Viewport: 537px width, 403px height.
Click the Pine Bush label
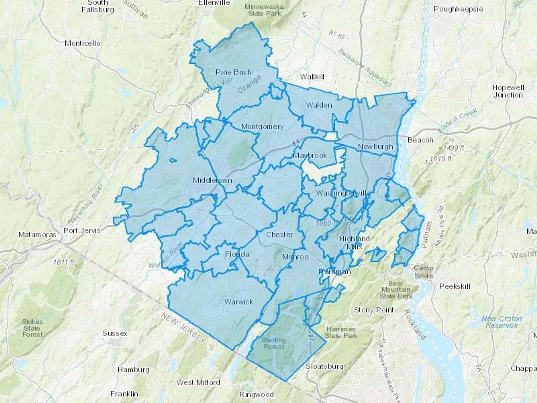point(234,72)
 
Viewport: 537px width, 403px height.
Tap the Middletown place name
point(212,180)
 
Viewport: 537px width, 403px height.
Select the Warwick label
point(239,302)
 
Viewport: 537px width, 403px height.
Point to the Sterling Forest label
point(274,343)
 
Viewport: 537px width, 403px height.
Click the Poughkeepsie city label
point(458,9)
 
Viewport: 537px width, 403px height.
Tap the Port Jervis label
point(82,231)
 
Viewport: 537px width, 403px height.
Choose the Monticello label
point(83,43)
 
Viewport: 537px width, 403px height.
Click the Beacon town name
point(420,140)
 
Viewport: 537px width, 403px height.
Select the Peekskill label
point(455,286)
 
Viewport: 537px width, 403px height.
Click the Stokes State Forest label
point(32,328)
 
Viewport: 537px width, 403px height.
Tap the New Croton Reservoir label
point(501,322)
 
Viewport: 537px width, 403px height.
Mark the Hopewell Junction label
point(508,91)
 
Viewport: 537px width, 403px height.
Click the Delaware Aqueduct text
point(365,67)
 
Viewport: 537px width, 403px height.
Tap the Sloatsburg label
point(325,366)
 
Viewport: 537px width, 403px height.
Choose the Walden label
point(319,105)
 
